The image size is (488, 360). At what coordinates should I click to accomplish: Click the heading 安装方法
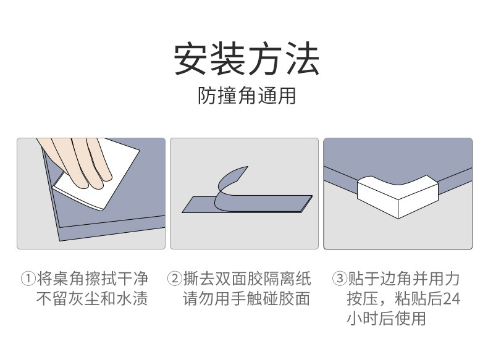point(246,59)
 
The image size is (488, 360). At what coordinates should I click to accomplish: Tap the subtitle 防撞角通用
point(246,95)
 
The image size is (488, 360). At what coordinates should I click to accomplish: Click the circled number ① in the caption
point(28,278)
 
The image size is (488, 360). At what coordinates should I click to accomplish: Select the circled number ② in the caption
point(175,278)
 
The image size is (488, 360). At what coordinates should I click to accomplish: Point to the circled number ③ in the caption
point(340,278)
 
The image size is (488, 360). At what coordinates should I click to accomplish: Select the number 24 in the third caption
point(452,299)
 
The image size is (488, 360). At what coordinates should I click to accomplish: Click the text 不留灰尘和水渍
point(92,299)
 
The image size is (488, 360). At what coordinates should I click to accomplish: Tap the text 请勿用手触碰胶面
point(246,299)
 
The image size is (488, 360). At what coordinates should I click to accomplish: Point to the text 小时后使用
point(386,318)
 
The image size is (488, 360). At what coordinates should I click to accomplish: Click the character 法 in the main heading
point(302,59)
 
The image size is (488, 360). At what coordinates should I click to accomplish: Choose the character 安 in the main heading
point(190,59)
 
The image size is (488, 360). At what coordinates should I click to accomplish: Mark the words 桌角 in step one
point(69,278)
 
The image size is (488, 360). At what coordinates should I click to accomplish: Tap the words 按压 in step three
point(363,299)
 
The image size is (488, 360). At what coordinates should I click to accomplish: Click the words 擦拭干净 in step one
point(116,278)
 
